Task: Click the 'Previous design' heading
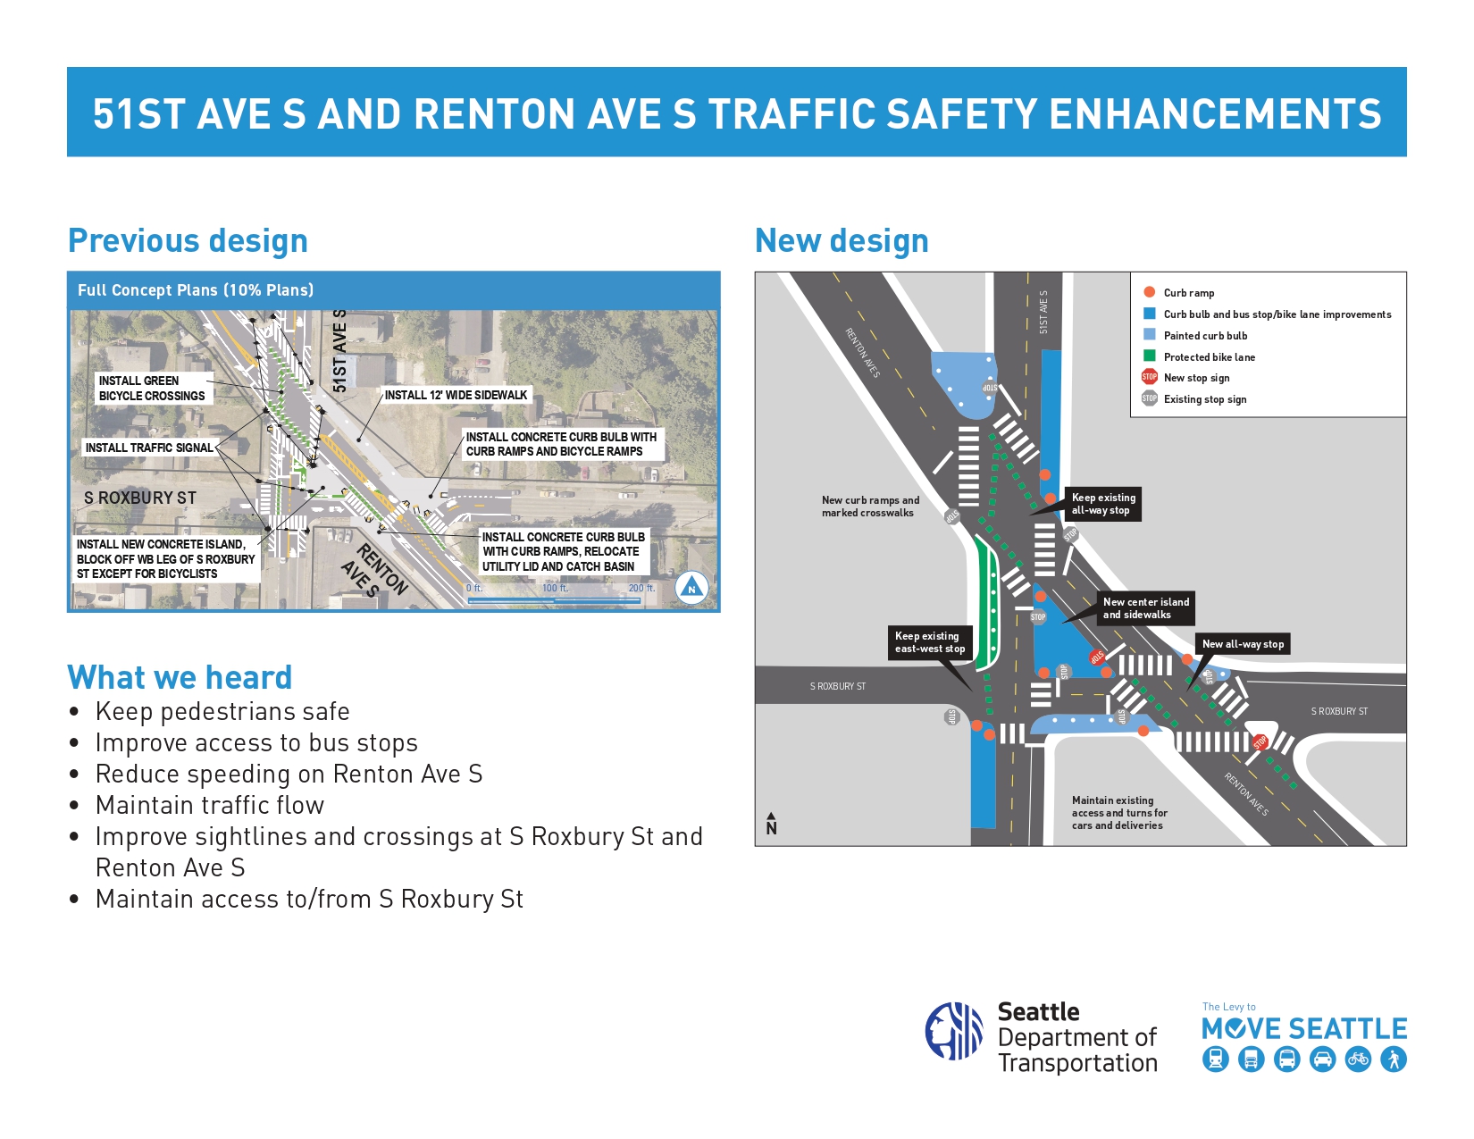[x=188, y=241]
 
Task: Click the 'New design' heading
[x=842, y=241]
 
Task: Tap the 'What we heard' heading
[x=180, y=677]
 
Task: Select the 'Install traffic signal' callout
[x=149, y=448]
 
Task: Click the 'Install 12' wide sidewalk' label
[x=456, y=395]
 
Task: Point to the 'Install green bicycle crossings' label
[x=152, y=388]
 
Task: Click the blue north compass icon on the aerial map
[x=691, y=588]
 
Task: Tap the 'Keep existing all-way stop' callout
[x=1103, y=504]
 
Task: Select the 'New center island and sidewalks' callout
[x=1145, y=608]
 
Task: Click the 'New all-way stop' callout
[x=1243, y=644]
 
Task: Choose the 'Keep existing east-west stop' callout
[x=930, y=642]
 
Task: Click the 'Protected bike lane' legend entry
[x=1209, y=357]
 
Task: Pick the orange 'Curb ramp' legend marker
[x=1150, y=292]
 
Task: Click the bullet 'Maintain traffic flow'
[x=210, y=805]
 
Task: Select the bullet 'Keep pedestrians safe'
[x=222, y=711]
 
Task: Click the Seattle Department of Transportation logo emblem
[x=954, y=1031]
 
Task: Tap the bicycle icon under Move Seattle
[x=1358, y=1059]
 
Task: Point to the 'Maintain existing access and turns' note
[x=1119, y=813]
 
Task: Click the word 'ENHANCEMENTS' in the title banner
[x=1214, y=114]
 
